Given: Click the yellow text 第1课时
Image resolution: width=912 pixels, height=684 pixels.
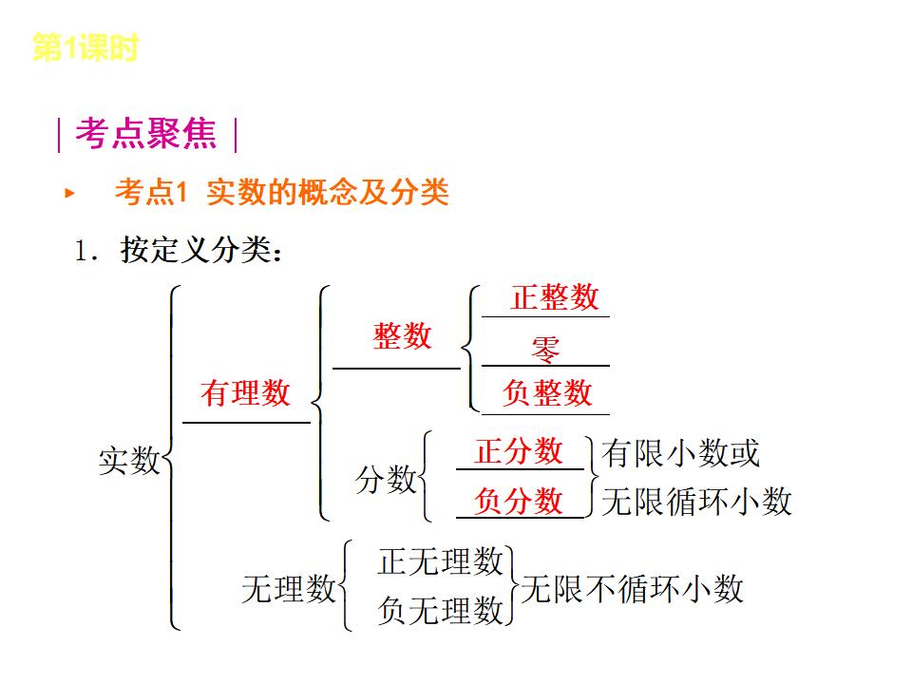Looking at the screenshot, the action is click(x=85, y=47).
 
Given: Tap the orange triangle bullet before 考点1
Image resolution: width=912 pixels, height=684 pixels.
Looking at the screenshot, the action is click(x=68, y=194).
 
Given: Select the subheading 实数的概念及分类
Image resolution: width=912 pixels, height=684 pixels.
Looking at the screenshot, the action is click(x=327, y=193).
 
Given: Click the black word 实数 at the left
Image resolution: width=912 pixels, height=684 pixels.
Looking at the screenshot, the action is click(x=129, y=461).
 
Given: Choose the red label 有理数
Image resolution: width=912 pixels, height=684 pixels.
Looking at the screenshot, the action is click(x=245, y=392).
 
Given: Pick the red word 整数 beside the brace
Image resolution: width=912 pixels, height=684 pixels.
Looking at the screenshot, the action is click(x=402, y=335).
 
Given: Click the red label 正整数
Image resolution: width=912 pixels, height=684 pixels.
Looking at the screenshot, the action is click(x=555, y=297).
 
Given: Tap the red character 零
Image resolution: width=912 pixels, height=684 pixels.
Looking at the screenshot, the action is click(x=545, y=349).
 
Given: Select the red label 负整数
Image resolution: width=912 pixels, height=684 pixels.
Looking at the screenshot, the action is click(x=547, y=392).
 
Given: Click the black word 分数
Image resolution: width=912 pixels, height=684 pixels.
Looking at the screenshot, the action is click(x=386, y=480).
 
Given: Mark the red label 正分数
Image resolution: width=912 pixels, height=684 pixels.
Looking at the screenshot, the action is click(x=519, y=451).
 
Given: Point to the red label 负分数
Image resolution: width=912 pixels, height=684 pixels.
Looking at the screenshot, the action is click(x=519, y=501).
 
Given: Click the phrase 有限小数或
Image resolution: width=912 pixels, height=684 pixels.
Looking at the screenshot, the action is click(x=680, y=454).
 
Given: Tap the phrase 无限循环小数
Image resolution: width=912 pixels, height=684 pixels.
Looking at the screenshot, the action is click(x=696, y=502).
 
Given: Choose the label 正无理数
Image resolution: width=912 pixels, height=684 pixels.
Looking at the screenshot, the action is click(x=440, y=561).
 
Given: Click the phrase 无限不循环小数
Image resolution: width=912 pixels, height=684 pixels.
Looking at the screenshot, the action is click(x=632, y=589).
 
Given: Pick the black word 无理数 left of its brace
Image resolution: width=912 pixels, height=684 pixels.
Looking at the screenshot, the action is click(x=289, y=589).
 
